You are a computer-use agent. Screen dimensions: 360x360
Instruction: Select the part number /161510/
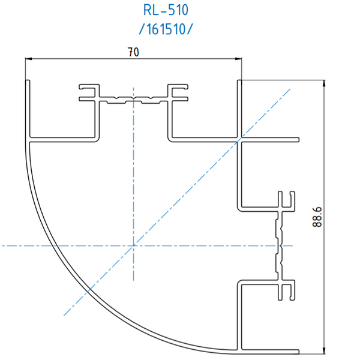coord(166,28)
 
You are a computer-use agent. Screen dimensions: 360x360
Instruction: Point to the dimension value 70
coord(133,52)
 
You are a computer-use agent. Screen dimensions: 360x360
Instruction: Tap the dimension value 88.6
coord(317,215)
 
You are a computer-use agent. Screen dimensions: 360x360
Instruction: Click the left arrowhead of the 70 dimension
coord(28,59)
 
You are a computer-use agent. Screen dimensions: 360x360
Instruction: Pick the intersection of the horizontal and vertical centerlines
coord(133,245)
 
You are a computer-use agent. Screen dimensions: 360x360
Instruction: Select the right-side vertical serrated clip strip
coord(280,245)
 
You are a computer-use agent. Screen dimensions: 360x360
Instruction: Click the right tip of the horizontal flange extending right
coord(298,140)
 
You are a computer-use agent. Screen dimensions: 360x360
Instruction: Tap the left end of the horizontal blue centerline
coord(1,245)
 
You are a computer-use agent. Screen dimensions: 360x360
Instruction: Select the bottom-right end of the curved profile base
coord(298,350)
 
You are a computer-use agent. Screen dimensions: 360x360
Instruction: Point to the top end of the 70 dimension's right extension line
coord(241,56)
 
